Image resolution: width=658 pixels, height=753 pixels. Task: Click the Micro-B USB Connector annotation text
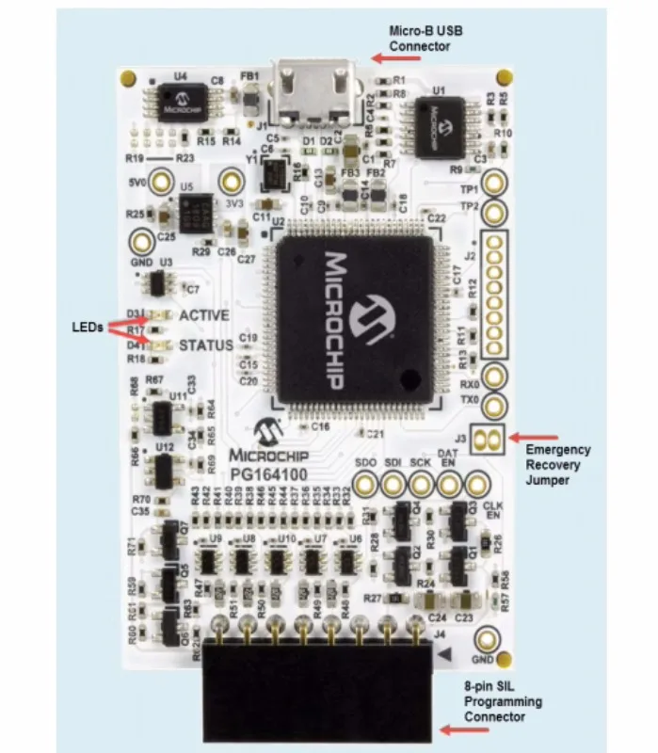425,39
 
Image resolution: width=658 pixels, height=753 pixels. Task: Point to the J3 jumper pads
487,437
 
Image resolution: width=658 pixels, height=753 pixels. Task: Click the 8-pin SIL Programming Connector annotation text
504,702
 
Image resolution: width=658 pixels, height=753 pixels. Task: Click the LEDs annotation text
88,328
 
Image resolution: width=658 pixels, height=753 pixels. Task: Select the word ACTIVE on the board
205,315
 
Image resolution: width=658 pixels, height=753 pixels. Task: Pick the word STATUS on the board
206,345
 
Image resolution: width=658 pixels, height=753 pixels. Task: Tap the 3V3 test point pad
231,182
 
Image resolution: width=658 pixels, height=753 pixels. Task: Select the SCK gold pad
421,484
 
